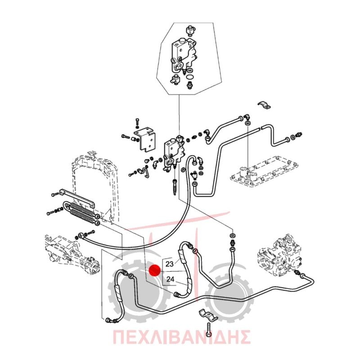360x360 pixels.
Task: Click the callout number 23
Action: coord(170,264)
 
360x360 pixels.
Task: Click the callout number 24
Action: coord(170,279)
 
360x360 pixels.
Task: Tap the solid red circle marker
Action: coord(154,270)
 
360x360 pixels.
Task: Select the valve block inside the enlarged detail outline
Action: coord(183,55)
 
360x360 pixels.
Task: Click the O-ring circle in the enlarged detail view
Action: coord(190,76)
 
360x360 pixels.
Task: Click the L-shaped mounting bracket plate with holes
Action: coord(145,140)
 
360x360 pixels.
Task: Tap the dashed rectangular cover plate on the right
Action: coord(264,171)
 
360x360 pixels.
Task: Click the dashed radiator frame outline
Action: coord(95,184)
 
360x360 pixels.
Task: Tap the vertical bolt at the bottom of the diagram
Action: coord(208,330)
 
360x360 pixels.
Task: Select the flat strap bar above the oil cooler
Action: coord(76,198)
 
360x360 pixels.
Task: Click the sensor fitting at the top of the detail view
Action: coord(190,30)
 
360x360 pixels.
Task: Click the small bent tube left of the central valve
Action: coord(144,172)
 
